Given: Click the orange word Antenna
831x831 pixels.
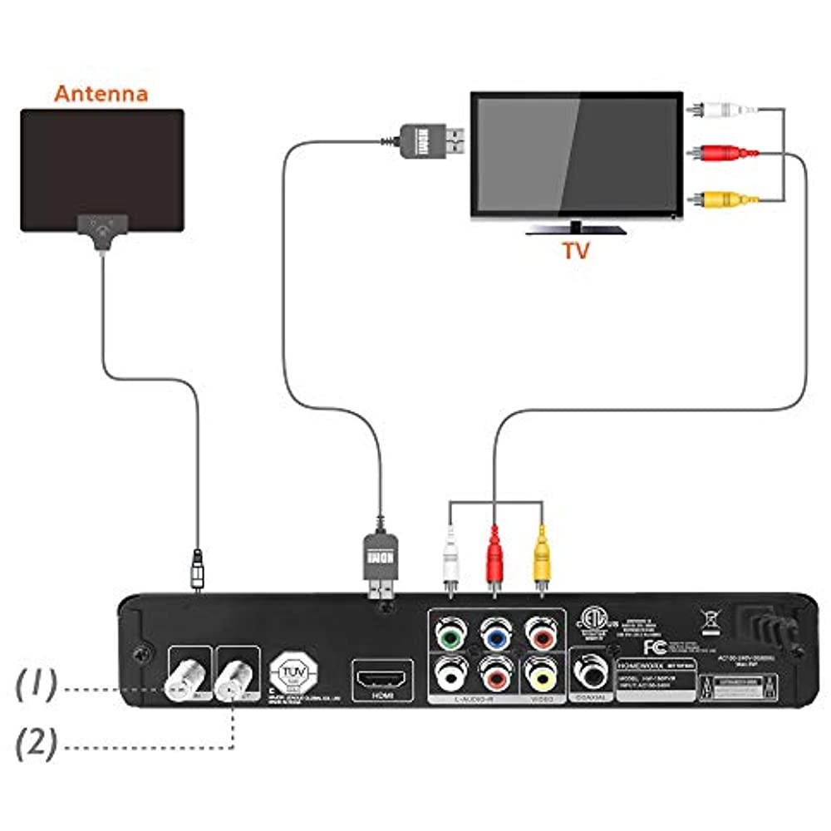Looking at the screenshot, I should [101, 92].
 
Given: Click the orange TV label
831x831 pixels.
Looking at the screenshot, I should [574, 250].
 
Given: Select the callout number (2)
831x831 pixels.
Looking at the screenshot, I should [38, 742].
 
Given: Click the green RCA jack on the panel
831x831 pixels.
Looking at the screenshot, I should [450, 635].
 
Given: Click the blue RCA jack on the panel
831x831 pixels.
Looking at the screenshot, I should [496, 635].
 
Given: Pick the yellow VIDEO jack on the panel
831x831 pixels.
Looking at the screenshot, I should [542, 677].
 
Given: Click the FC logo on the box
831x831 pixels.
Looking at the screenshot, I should [655, 647].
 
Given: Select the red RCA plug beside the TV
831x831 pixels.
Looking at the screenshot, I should [723, 153].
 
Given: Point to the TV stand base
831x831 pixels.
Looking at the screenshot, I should [575, 229].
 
